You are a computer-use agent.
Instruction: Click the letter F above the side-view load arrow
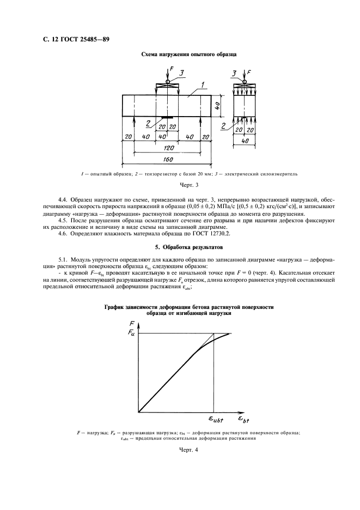[x=249, y=72]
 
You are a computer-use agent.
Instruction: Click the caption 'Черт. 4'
[x=179, y=450]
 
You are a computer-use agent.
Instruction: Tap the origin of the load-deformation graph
[x=139, y=411]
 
